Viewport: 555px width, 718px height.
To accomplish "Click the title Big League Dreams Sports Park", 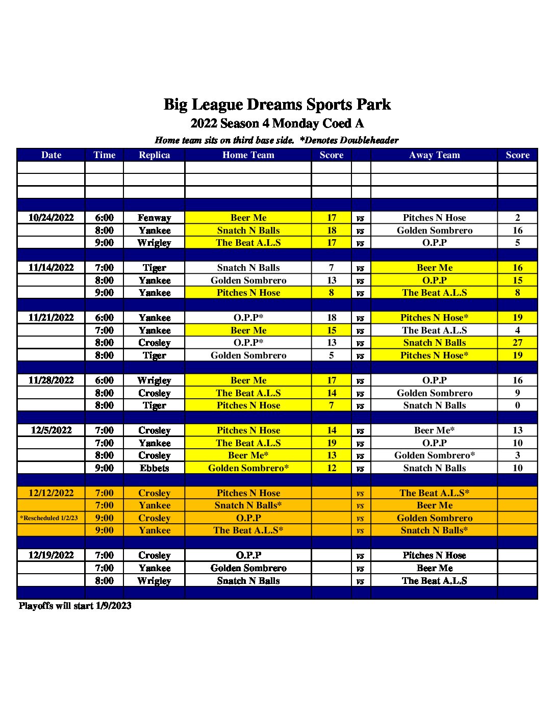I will (277, 105).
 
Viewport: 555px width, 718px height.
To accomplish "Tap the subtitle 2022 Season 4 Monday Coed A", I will (277, 123).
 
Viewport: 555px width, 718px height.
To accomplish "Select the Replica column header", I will (154, 155).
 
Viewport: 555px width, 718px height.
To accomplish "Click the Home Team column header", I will (248, 155).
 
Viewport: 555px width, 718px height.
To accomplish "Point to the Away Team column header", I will (434, 155).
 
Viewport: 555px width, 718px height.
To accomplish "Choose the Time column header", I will (104, 155).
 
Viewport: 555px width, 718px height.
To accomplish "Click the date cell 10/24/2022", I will (51, 218).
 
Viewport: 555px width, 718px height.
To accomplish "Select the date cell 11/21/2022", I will (51, 318).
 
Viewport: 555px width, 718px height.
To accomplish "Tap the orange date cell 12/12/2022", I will (51, 493).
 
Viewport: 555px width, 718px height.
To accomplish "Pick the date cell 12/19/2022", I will (51, 555).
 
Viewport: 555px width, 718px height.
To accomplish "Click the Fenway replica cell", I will (154, 218).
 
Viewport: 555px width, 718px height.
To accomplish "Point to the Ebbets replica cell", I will (154, 468).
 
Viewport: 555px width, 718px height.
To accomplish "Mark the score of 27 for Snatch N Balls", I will (517, 343).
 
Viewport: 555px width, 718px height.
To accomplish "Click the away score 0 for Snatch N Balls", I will (517, 405).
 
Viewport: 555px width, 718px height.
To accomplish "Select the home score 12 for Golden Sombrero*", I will (332, 468).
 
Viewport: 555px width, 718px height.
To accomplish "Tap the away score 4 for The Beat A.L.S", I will (517, 330).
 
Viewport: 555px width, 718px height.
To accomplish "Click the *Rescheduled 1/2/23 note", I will (49, 518).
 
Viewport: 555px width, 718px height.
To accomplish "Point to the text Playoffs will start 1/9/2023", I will (75, 606).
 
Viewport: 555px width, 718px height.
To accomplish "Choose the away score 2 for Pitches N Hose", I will (517, 218).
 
